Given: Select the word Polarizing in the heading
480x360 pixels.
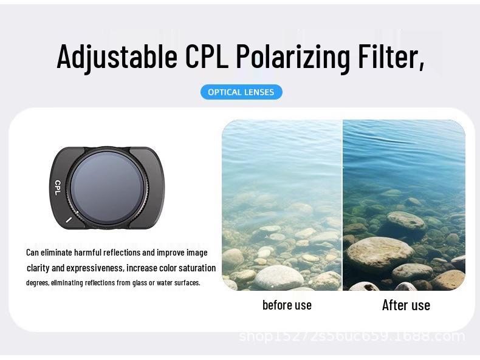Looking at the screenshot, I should pyautogui.click(x=293, y=56).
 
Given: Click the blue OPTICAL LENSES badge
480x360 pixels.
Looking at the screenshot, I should pyautogui.click(x=241, y=92).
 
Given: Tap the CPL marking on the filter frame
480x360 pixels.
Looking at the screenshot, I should pyautogui.click(x=58, y=187).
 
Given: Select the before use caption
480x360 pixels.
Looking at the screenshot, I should pyautogui.click(x=287, y=305).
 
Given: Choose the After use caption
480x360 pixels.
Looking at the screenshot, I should pyautogui.click(x=406, y=305).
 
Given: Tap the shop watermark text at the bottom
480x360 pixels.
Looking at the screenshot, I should pyautogui.click(x=352, y=336).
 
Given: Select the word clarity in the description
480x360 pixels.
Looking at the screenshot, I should pyautogui.click(x=38, y=268).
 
